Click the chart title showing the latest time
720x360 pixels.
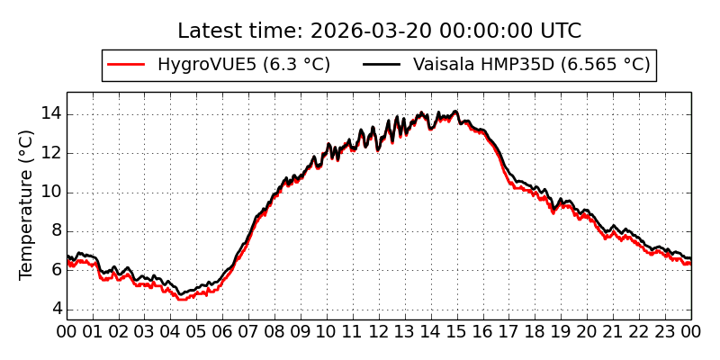379,31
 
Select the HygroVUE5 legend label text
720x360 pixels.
243,65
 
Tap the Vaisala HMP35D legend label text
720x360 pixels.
531,65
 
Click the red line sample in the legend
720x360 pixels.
126,65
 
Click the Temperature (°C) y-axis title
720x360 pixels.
27,204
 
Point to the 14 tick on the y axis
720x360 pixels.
50,113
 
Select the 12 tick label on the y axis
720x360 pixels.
50,152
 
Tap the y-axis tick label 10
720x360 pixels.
50,192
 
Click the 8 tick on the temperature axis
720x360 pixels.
55,230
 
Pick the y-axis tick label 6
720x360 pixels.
55,269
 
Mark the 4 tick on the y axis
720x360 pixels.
55,309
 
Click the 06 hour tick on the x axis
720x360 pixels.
222,331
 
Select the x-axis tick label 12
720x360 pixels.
379,331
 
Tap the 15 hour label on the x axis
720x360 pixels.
457,331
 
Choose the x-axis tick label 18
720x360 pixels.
535,331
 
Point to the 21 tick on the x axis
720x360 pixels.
613,331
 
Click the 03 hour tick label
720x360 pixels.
145,331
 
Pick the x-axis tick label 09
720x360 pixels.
301,331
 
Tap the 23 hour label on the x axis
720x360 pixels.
665,331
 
